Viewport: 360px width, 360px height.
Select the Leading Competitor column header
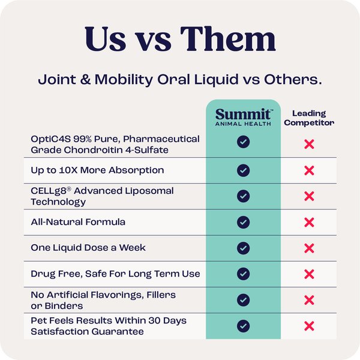[309, 118]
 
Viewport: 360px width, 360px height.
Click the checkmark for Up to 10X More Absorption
[243, 170]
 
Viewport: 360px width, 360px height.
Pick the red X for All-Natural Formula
[310, 222]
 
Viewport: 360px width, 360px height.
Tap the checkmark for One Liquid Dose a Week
[243, 248]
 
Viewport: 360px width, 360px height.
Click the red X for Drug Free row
[310, 274]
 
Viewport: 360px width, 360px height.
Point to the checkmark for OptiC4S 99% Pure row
[243, 144]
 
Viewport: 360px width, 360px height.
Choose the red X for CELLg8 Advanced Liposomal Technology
[310, 196]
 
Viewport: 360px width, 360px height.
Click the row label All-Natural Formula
[78, 222]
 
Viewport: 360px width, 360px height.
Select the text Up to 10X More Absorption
[97, 170]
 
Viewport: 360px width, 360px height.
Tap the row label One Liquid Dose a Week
[88, 248]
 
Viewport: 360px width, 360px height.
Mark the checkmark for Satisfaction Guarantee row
[243, 326]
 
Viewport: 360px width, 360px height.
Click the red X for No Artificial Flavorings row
[310, 300]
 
